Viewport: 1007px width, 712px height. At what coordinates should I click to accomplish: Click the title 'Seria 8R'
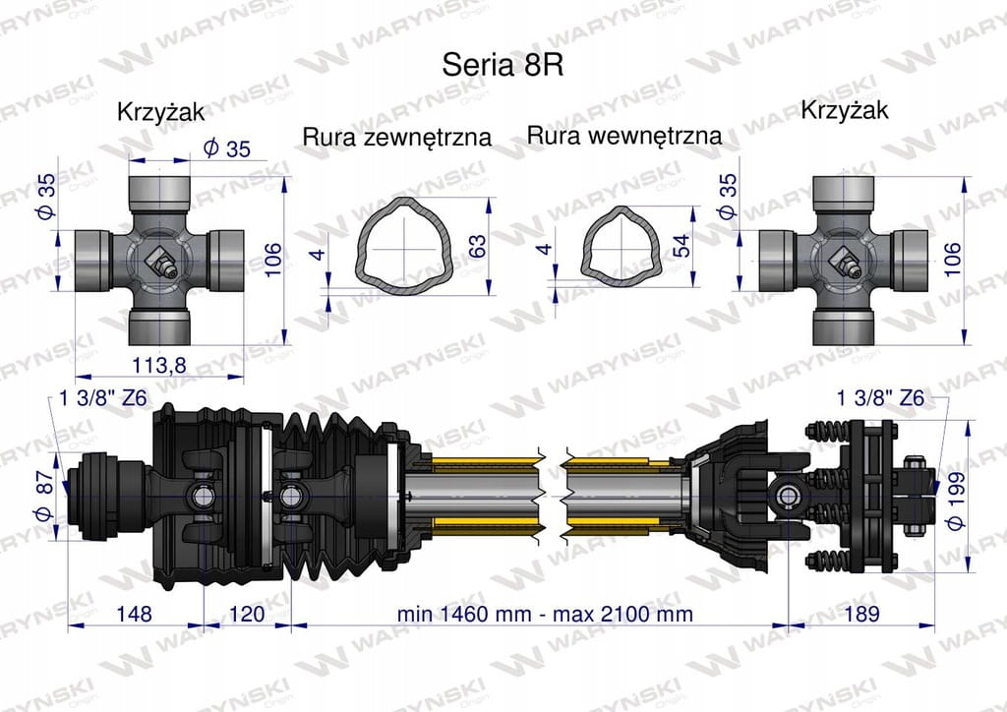(x=503, y=65)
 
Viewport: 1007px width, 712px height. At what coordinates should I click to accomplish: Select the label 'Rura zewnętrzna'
(x=397, y=137)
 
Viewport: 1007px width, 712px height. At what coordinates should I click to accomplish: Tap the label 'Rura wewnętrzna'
(x=624, y=136)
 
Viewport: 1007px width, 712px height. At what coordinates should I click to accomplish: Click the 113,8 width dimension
(x=158, y=365)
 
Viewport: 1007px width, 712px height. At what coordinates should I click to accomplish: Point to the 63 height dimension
(x=478, y=247)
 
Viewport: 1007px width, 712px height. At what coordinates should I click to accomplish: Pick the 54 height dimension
(x=681, y=246)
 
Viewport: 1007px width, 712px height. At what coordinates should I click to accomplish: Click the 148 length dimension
(x=134, y=614)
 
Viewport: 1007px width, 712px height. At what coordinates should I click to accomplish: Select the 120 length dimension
(x=247, y=614)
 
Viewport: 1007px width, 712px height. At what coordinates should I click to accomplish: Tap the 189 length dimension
(x=861, y=613)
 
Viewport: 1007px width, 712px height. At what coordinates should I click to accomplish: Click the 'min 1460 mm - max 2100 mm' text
(x=545, y=614)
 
